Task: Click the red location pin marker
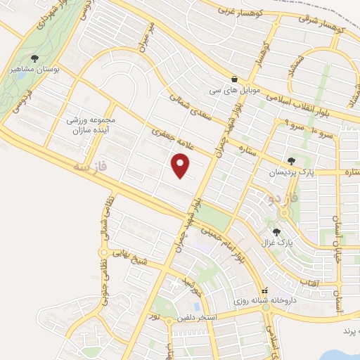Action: click(x=181, y=165)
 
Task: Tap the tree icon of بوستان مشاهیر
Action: click(x=35, y=59)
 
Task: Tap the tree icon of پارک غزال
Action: click(x=276, y=231)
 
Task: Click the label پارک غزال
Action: click(x=276, y=243)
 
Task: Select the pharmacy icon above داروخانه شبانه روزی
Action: click(x=264, y=291)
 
